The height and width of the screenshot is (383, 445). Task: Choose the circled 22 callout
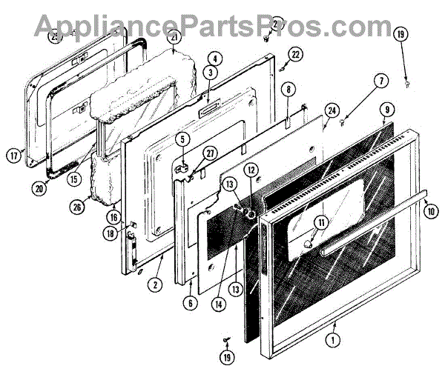[x=295, y=54]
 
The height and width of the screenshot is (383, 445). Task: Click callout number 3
[x=211, y=73]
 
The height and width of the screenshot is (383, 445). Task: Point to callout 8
[x=288, y=89]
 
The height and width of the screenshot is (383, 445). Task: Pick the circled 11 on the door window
[x=321, y=221]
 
